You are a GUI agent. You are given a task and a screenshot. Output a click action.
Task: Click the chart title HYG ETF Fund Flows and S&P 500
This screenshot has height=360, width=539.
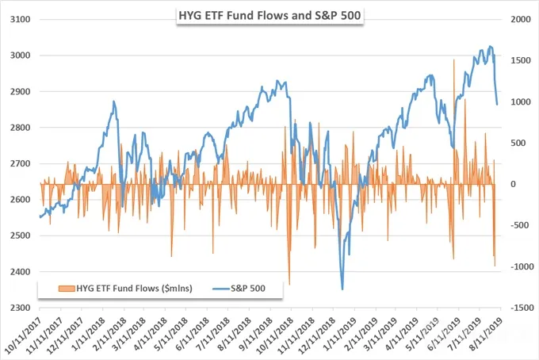(269, 16)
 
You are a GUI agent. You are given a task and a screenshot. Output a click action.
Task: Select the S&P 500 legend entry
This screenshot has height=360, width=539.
(239, 288)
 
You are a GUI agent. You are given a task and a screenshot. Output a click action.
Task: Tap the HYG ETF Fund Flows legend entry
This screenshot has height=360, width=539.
(125, 288)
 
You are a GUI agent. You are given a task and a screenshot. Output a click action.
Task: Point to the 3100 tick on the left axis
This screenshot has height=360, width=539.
(21, 20)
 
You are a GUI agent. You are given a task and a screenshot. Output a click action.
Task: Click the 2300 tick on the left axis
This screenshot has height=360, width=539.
(21, 308)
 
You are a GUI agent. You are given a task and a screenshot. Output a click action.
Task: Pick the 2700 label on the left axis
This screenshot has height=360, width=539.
(21, 163)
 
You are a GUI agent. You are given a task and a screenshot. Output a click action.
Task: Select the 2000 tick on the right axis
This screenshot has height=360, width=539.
(521, 20)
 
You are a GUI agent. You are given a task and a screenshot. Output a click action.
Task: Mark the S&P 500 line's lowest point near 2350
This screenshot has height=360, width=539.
(342, 289)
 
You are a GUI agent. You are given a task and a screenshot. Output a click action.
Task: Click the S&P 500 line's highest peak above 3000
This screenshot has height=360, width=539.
(490, 46)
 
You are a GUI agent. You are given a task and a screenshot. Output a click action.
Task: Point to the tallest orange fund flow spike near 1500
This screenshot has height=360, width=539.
(453, 59)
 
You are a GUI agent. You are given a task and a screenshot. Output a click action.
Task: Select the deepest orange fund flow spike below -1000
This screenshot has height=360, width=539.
(289, 285)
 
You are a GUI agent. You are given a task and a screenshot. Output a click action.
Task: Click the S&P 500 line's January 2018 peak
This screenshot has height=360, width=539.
(114, 101)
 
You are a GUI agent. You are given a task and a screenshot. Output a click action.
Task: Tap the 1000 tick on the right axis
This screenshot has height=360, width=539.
(521, 102)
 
